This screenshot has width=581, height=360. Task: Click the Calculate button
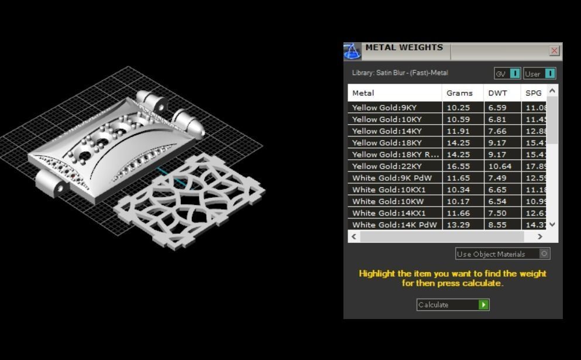click(452, 304)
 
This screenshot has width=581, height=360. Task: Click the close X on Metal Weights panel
click(554, 51)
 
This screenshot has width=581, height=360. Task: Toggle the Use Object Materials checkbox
click(544, 254)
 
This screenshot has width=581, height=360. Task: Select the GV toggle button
click(507, 74)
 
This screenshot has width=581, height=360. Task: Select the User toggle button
click(539, 74)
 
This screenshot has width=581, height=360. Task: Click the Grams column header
click(459, 93)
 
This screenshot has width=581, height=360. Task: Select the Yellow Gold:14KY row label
click(387, 131)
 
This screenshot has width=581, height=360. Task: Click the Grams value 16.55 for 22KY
click(458, 166)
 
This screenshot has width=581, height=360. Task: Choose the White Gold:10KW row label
click(388, 201)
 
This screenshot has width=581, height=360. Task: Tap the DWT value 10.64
click(500, 166)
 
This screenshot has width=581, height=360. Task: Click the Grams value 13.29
click(458, 225)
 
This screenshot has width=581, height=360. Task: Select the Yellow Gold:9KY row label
click(384, 108)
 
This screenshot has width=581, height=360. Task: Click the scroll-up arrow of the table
click(552, 91)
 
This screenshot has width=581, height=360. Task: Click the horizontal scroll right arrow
click(540, 236)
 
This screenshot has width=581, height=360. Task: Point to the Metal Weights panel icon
click(352, 52)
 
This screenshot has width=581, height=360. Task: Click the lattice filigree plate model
click(190, 199)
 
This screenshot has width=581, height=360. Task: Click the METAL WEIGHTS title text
click(404, 47)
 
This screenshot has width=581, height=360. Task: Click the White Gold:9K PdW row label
click(391, 178)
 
